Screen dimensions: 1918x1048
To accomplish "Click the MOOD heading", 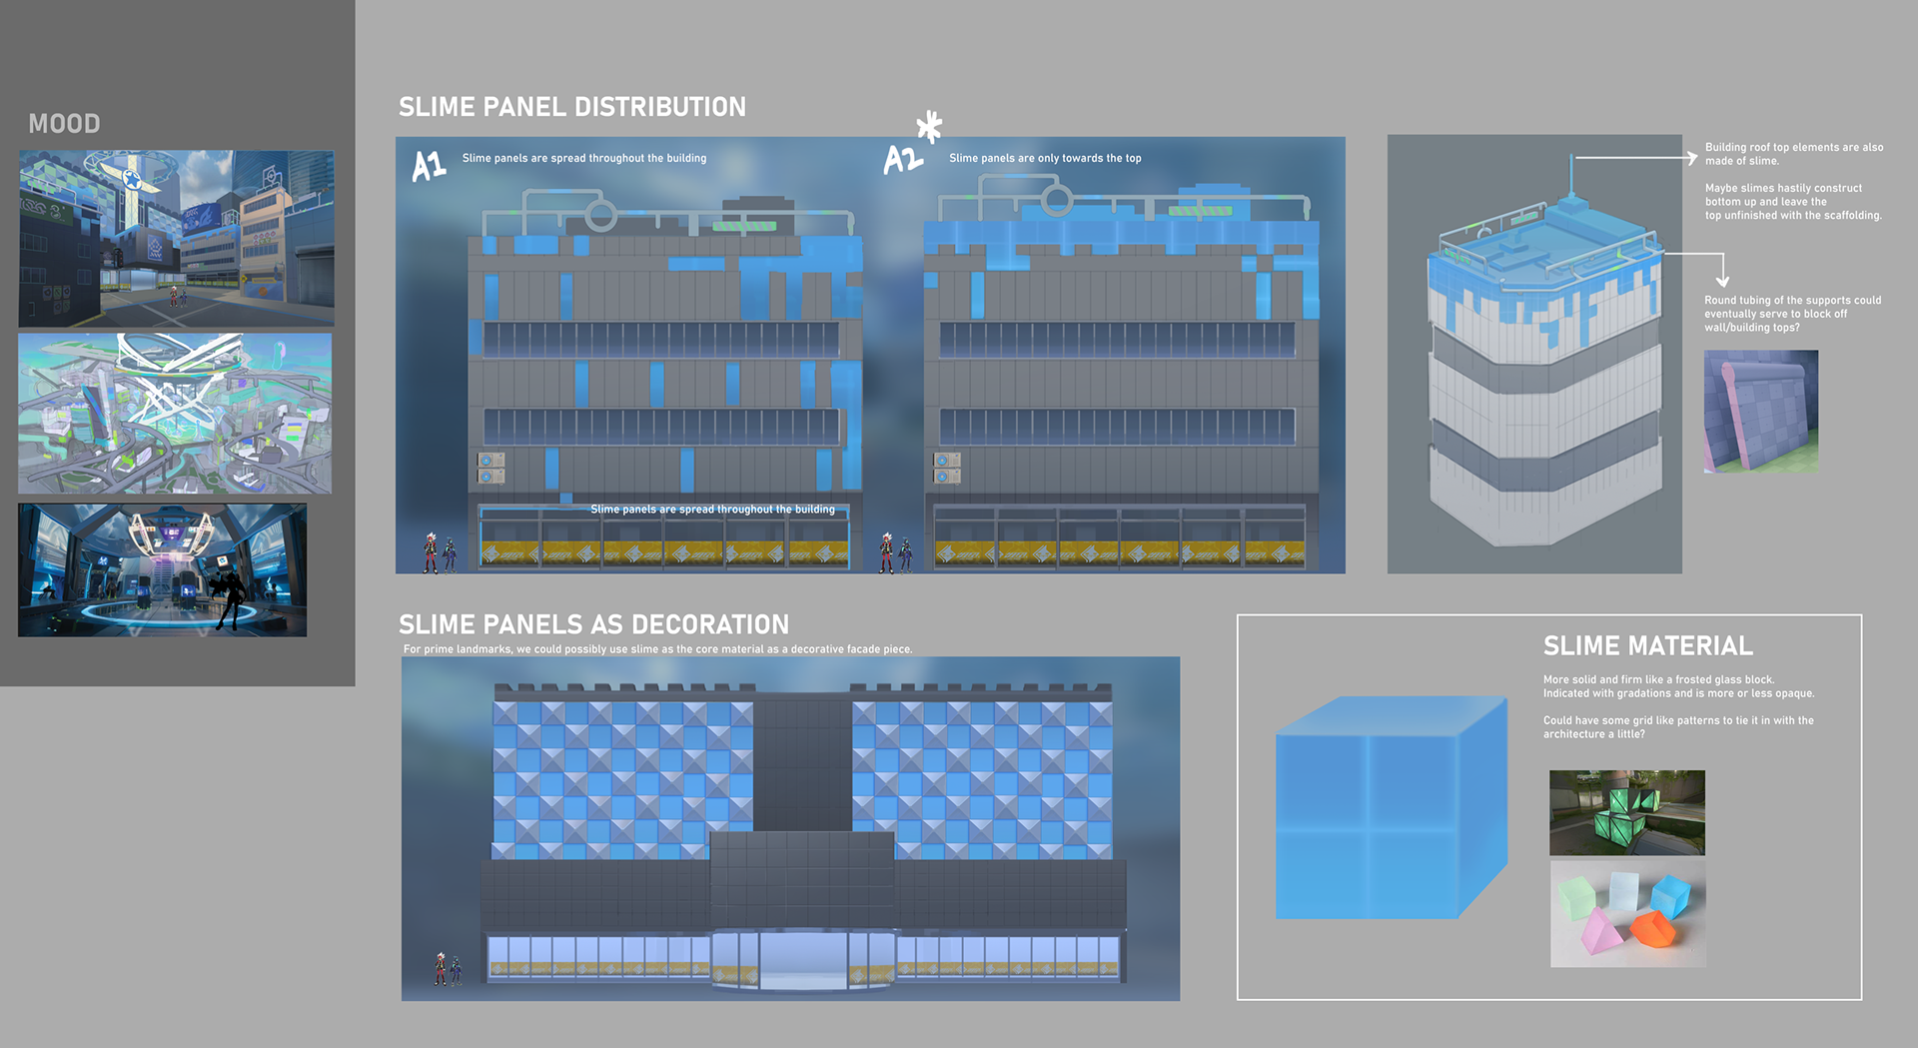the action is click(x=64, y=124).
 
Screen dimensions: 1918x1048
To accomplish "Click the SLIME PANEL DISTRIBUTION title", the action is click(x=571, y=107).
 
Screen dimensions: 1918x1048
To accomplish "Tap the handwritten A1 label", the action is click(x=429, y=165).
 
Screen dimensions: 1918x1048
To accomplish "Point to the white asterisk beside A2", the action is click(x=929, y=127).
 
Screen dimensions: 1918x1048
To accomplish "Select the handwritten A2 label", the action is click(x=903, y=159).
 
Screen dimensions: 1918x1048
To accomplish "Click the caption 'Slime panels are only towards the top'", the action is click(x=1044, y=158).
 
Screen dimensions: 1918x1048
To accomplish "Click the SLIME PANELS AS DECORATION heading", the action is click(x=593, y=624).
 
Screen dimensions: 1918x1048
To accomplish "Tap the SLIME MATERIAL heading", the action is click(x=1647, y=646).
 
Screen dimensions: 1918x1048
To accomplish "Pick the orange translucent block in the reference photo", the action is click(x=1652, y=929).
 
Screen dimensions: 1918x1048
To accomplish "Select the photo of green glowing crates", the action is click(x=1626, y=812).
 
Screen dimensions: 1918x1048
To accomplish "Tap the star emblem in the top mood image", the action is click(x=132, y=179).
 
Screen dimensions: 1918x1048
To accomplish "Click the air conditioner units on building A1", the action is click(x=491, y=468).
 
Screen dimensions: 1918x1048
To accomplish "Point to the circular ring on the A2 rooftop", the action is click(x=1056, y=200).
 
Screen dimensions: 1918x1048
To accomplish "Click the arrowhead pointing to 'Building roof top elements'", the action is click(x=1691, y=158).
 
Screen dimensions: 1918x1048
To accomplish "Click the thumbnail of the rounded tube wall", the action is click(x=1760, y=411).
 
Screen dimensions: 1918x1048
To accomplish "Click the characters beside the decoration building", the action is click(x=447, y=969).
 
